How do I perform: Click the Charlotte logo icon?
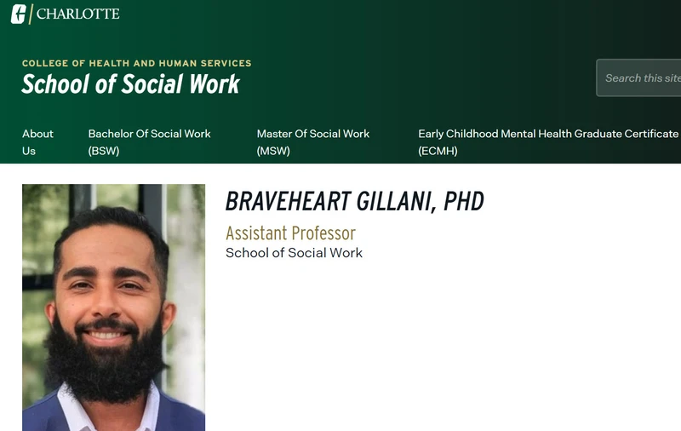click(19, 14)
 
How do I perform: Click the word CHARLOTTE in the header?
click(78, 14)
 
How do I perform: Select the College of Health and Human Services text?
click(137, 63)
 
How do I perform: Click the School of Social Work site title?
click(131, 83)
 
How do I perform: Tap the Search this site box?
click(638, 78)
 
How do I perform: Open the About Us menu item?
click(37, 142)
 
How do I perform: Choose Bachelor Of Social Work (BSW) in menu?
click(150, 142)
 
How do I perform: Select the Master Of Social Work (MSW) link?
click(313, 142)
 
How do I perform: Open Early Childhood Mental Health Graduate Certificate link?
click(548, 142)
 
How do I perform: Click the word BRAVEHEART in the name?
click(288, 202)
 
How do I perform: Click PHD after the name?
click(463, 202)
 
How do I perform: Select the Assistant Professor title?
click(290, 233)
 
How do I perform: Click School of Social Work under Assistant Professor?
click(294, 253)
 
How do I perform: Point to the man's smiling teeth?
click(105, 336)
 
